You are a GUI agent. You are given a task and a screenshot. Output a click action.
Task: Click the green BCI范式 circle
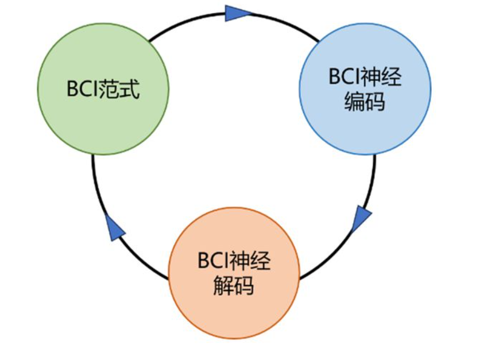[x=103, y=90]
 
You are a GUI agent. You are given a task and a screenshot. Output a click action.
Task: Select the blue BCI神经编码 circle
[x=365, y=90]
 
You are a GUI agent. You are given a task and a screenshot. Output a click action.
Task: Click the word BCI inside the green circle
[x=82, y=90]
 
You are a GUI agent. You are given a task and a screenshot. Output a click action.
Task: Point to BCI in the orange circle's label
[x=214, y=261]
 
